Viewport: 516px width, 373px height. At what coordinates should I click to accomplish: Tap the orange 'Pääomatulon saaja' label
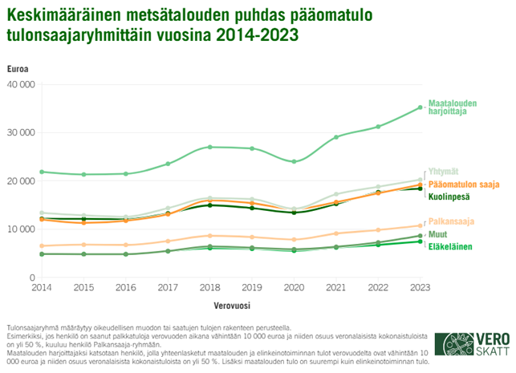tap(461, 184)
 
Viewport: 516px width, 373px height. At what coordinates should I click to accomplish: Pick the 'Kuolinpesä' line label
tap(448, 197)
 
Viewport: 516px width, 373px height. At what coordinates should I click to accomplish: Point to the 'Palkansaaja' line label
tap(449, 221)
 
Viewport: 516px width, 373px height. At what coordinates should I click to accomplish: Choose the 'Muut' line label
tap(438, 234)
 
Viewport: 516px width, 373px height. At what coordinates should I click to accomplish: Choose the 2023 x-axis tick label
tap(419, 286)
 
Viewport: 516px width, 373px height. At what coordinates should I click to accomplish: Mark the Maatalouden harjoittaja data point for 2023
tap(420, 107)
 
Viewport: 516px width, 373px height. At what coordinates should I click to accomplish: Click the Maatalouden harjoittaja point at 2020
tap(294, 162)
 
